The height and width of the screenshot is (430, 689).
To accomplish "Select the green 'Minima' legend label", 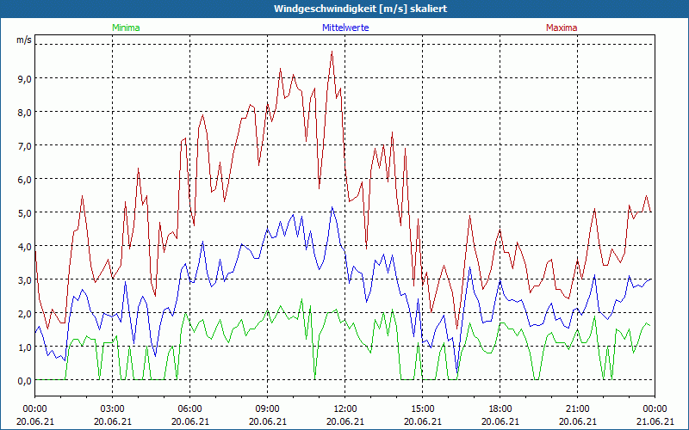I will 126,28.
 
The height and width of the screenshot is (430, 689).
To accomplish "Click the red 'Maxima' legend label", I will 562,28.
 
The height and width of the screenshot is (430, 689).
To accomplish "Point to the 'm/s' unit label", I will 23,40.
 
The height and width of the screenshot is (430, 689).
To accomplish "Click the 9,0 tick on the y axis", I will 23,78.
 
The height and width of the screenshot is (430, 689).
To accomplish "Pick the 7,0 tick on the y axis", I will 23,145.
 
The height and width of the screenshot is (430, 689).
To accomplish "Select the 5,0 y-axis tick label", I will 23,212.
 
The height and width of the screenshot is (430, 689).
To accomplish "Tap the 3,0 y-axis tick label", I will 23,279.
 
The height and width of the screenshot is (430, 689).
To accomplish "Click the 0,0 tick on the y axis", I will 23,380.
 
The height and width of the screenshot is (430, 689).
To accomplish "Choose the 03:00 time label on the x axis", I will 112,408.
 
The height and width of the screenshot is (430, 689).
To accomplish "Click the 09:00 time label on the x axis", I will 267,408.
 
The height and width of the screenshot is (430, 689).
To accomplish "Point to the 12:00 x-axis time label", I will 344,408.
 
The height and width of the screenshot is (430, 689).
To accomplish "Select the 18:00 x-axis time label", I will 500,408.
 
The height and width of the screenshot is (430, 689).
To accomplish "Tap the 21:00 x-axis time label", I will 577,408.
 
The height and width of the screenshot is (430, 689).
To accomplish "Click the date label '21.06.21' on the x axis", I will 655,421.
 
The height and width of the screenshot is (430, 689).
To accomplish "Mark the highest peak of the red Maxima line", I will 332,52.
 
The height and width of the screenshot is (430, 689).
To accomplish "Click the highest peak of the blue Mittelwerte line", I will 332,207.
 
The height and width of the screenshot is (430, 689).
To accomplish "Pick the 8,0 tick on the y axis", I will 23,112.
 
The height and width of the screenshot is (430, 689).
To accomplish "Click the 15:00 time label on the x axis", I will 422,408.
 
